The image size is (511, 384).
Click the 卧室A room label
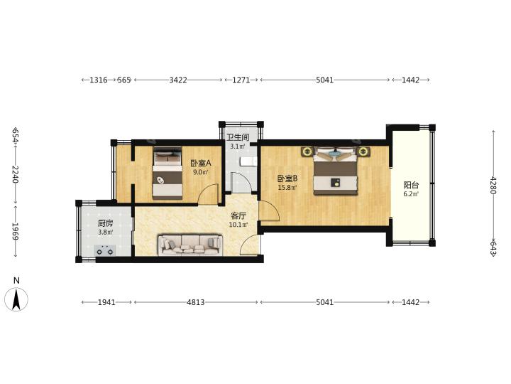201,163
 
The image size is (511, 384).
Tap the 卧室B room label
287,178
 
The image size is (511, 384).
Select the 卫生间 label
238,137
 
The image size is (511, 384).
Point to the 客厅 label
238,216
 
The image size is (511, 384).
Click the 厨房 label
105,223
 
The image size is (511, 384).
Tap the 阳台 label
411,185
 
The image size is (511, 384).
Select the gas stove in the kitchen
105,251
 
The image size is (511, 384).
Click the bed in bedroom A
167,173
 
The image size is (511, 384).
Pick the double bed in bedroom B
335,171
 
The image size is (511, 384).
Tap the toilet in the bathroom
248,161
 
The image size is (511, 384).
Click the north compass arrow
16,299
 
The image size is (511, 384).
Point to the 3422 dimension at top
178,80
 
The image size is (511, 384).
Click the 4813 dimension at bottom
196,302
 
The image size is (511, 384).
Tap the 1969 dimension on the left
16,231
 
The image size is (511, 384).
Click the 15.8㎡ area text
287,188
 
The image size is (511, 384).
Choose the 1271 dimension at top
241,80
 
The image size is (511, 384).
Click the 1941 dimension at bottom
106,302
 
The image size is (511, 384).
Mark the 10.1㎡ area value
238,225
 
